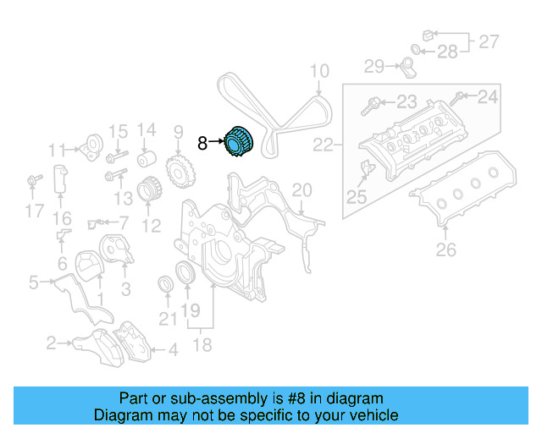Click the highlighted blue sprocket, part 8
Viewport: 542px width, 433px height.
pos(238,142)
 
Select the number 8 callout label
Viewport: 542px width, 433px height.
pos(202,144)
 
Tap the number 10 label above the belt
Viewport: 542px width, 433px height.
pos(318,70)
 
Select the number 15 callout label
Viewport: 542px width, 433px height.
pos(119,131)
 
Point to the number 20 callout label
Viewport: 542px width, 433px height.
pos(301,189)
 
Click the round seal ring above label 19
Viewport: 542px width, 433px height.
pos(184,273)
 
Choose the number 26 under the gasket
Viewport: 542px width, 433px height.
pos(445,249)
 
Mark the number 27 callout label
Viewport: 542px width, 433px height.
pos(489,41)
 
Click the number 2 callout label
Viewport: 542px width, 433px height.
pos(51,343)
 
